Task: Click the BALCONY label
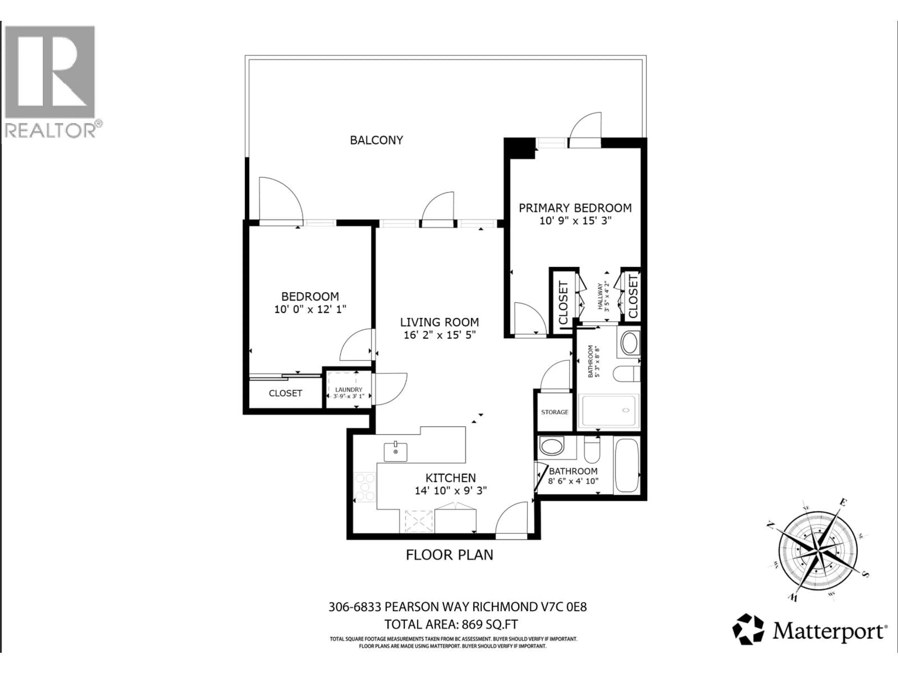point(376,140)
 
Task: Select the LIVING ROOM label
point(439,322)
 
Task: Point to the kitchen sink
point(395,452)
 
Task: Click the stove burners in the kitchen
point(365,487)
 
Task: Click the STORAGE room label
point(554,412)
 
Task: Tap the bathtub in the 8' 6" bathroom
point(627,465)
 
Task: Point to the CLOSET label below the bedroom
point(285,393)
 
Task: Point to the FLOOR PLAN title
point(449,555)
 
